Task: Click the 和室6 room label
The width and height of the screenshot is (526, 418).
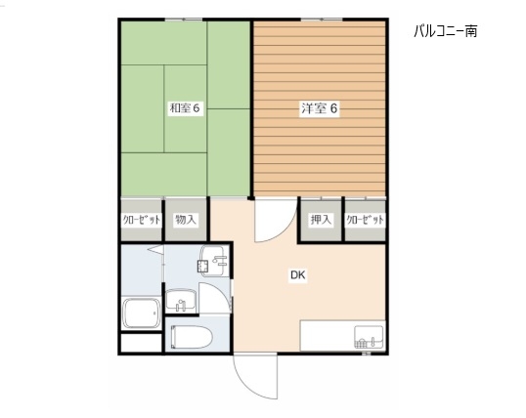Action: pos(185,108)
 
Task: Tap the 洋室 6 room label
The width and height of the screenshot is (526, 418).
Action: pos(319,108)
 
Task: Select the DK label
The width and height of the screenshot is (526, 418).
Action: pos(297,274)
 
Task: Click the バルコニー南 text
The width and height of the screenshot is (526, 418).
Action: pos(446,31)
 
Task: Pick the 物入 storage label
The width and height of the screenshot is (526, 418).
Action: pos(186,220)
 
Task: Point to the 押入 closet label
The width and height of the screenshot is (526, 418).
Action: pos(321,220)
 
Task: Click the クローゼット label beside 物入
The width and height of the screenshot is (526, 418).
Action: pos(141,220)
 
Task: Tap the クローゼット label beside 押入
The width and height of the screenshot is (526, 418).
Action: pos(365,220)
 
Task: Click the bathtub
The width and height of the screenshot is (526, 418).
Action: pos(142,313)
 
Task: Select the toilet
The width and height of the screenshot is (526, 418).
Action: pos(192,337)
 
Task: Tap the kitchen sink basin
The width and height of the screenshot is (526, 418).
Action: pos(369,337)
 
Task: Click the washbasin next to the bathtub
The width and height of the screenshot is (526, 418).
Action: pos(181,301)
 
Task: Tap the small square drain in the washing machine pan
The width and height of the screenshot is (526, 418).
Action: pos(202,267)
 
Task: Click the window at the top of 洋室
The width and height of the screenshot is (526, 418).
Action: pos(322,20)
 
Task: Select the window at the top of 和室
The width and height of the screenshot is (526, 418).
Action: pos(185,20)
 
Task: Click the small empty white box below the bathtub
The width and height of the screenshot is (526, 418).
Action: pos(141,343)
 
